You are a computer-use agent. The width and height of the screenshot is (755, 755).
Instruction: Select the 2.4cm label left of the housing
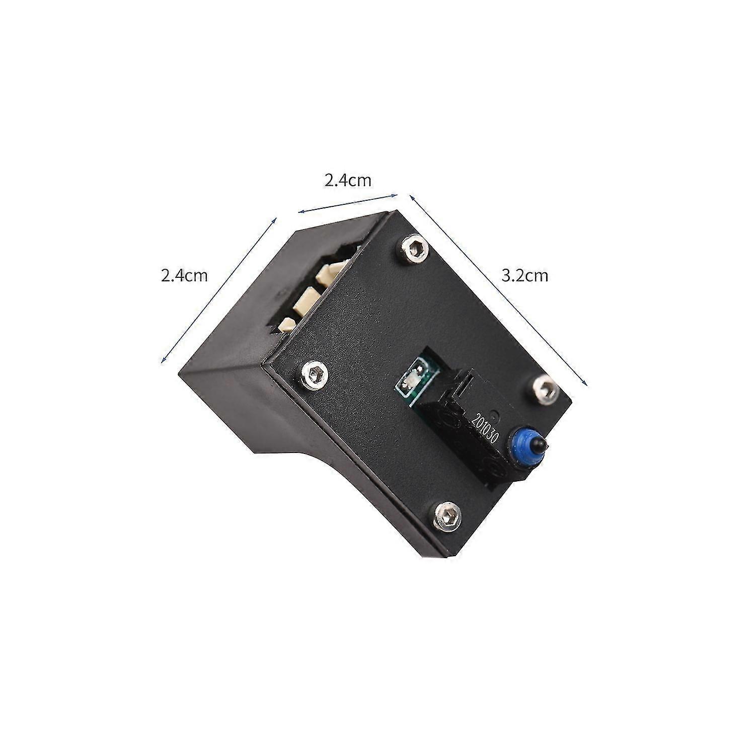[184, 276]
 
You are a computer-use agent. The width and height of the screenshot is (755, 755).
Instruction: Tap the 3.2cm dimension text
[524, 276]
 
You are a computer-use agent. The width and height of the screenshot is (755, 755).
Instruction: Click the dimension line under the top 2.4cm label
[348, 203]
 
